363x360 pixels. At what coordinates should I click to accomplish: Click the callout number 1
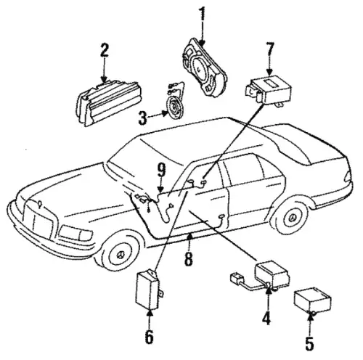202,14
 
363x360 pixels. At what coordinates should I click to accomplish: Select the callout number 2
105,50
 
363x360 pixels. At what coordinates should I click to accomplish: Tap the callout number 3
142,118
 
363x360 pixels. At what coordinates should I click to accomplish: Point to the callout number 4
266,318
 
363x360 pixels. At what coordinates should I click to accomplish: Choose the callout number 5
309,343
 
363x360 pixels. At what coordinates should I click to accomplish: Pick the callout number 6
149,336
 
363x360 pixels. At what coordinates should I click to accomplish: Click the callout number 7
269,50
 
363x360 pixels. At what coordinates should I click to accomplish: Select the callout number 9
161,171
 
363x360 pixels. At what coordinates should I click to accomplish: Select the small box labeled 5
312,300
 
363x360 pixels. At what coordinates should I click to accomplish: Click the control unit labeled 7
269,89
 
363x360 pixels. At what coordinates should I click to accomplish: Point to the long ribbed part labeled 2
109,103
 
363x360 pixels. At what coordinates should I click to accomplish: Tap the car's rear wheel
293,217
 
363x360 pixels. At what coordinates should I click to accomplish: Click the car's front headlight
76,233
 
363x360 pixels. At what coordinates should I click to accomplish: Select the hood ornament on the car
40,204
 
